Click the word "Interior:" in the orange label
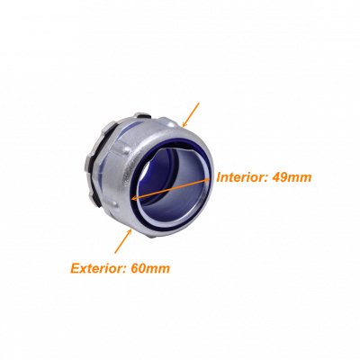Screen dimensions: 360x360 coord(242,177)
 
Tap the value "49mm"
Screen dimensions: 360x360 coord(292,177)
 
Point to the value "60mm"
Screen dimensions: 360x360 coord(150,268)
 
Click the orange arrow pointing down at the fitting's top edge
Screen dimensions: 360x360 coord(191,114)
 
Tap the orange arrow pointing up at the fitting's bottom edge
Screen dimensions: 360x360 coord(123,241)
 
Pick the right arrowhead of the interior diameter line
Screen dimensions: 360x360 coord(206,180)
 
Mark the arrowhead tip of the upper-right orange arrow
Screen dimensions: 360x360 coord(183,127)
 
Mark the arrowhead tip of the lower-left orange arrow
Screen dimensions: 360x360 coord(131,229)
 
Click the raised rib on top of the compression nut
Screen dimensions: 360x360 coord(167,121)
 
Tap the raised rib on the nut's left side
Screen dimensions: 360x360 coord(121,148)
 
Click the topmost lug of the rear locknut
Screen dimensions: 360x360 coord(140,115)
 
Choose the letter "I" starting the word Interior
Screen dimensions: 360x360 coord(220,177)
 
